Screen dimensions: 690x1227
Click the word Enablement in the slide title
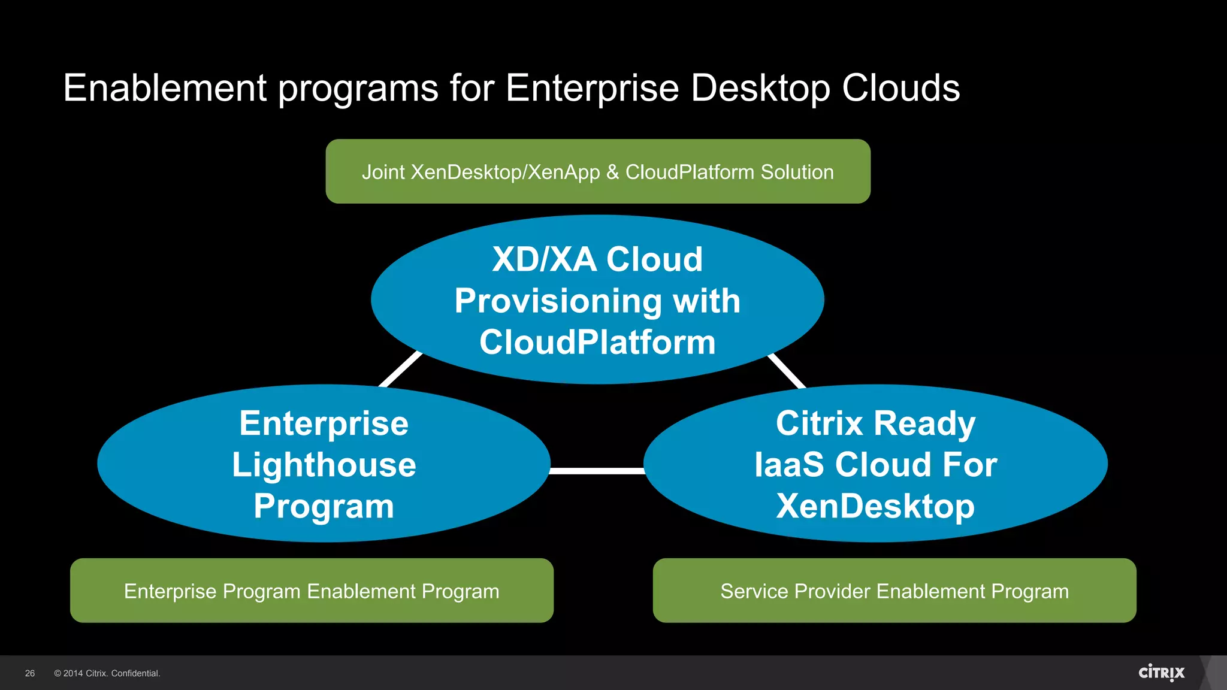click(x=165, y=88)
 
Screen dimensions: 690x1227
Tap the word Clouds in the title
click(x=900, y=88)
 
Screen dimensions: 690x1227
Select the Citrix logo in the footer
click(x=1161, y=673)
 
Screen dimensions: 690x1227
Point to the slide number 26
click(x=30, y=673)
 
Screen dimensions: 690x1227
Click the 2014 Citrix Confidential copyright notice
click(x=107, y=673)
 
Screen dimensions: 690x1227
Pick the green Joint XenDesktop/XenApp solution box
click(x=597, y=172)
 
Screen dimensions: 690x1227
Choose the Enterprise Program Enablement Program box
click(x=312, y=591)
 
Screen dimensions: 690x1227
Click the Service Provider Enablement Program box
click(x=894, y=591)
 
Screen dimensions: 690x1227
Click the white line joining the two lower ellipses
click(x=597, y=471)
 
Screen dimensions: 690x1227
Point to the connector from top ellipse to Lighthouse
click(x=400, y=370)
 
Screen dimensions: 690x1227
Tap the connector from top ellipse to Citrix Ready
click(x=787, y=371)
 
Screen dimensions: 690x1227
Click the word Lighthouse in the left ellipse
click(x=324, y=465)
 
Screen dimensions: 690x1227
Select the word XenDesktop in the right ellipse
click(x=875, y=506)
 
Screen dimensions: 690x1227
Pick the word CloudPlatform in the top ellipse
click(x=597, y=342)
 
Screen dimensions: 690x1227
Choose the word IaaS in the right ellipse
click(x=788, y=465)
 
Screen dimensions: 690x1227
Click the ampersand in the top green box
click(x=612, y=172)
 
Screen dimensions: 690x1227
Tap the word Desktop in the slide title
click(x=760, y=88)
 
